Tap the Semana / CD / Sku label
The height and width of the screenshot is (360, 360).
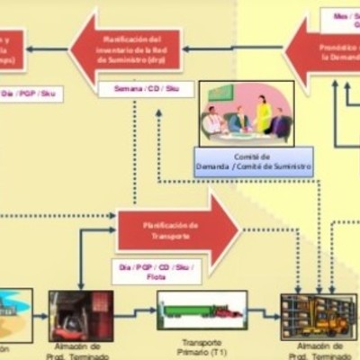click(x=139, y=89)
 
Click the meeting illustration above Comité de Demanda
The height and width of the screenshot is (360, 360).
click(x=246, y=112)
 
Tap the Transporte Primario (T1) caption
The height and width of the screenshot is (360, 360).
click(x=202, y=348)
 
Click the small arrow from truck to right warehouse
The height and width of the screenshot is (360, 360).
click(x=264, y=314)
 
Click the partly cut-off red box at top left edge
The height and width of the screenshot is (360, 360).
click(x=12, y=49)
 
